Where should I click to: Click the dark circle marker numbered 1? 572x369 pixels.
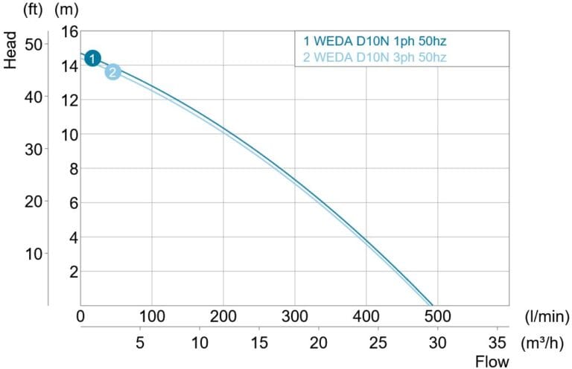(x=92, y=58)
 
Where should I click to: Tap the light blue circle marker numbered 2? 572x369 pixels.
(x=112, y=72)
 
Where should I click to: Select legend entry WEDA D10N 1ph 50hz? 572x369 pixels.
(x=375, y=42)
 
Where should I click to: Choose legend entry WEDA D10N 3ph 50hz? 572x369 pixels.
(x=375, y=57)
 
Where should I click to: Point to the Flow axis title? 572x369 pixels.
(x=493, y=362)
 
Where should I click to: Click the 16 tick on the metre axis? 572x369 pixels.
(x=69, y=31)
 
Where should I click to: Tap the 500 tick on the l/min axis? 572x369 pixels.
(x=437, y=316)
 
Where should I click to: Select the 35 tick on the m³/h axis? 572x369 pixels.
(x=497, y=343)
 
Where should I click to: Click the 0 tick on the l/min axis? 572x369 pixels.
(x=80, y=316)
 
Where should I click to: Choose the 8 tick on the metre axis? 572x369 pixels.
(x=74, y=169)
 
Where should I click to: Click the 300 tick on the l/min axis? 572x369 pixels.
(x=294, y=316)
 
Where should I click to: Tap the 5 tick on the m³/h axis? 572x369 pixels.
(x=140, y=343)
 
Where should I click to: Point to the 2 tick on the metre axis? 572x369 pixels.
(x=74, y=272)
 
